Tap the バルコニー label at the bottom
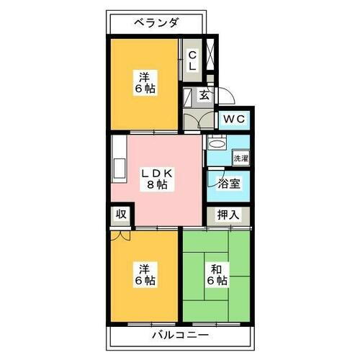(180, 336)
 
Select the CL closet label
(192, 60)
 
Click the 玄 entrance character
(204, 94)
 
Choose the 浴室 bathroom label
(230, 184)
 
